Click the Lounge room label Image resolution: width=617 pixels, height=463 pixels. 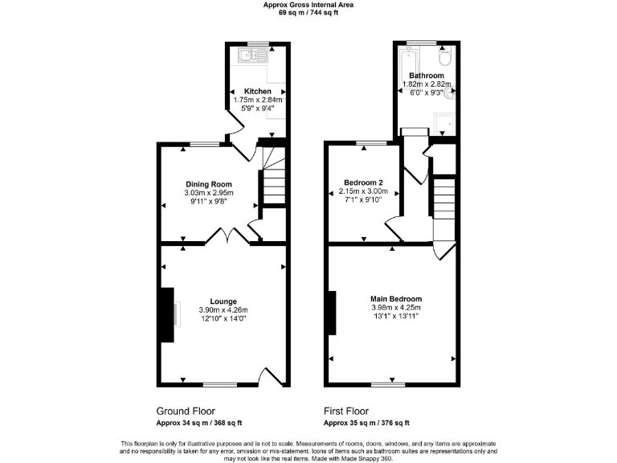click(x=223, y=301)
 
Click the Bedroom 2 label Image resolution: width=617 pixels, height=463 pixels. click(x=361, y=182)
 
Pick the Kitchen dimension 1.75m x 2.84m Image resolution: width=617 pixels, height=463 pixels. click(x=258, y=100)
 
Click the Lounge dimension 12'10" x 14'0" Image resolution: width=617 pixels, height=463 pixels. click(x=223, y=319)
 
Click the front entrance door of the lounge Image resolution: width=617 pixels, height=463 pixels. click(x=272, y=376)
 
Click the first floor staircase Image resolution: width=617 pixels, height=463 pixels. click(x=443, y=201)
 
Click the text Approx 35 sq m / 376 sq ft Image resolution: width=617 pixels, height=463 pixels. click(x=366, y=423)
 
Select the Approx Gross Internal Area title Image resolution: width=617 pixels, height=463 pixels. click(x=308, y=5)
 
